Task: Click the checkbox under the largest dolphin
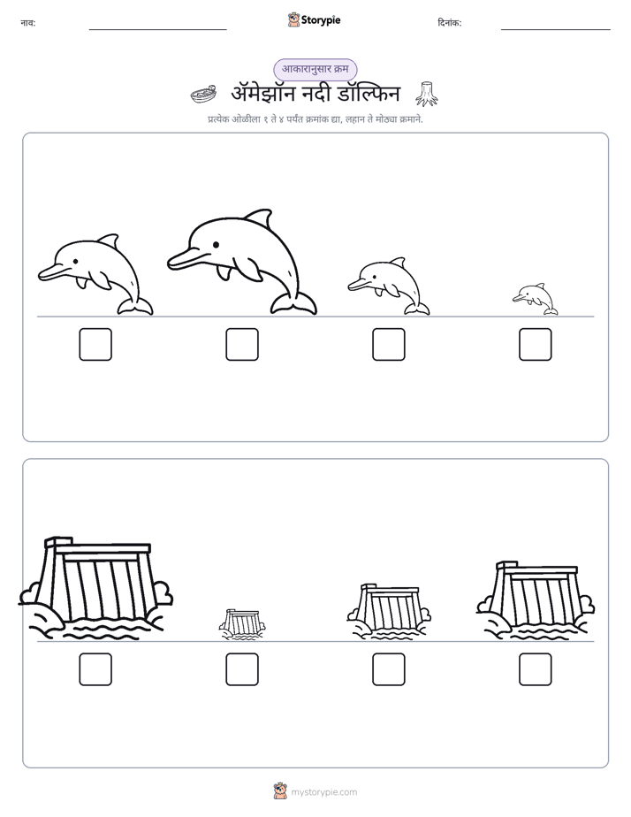click(242, 345)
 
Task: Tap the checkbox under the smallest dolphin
click(536, 345)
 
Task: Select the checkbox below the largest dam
click(95, 669)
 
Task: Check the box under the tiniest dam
click(242, 669)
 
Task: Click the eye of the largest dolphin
click(216, 244)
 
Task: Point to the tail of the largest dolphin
click(293, 304)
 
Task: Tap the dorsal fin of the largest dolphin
click(261, 219)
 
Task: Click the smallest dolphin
click(535, 299)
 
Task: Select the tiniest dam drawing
click(241, 623)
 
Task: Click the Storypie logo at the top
click(314, 19)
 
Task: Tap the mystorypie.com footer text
click(323, 792)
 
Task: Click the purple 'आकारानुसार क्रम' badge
click(315, 69)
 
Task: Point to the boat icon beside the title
click(203, 95)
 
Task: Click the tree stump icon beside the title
click(426, 94)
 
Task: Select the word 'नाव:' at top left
click(28, 22)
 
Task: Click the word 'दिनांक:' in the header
click(450, 22)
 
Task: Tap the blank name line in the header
click(157, 30)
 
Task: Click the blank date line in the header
click(556, 30)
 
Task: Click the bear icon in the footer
click(280, 791)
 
